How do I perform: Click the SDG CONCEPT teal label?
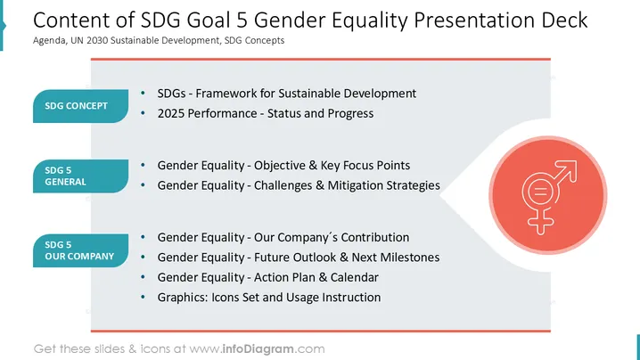(x=80, y=106)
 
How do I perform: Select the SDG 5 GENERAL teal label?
(x=80, y=176)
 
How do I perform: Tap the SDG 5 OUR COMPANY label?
(x=80, y=250)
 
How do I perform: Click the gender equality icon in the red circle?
(x=549, y=197)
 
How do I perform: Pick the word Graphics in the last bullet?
(x=183, y=298)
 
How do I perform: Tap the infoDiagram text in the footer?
(x=258, y=349)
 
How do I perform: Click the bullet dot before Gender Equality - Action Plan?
(x=143, y=277)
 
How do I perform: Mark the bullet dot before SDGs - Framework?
(x=143, y=93)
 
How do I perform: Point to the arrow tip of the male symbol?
(x=576, y=161)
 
